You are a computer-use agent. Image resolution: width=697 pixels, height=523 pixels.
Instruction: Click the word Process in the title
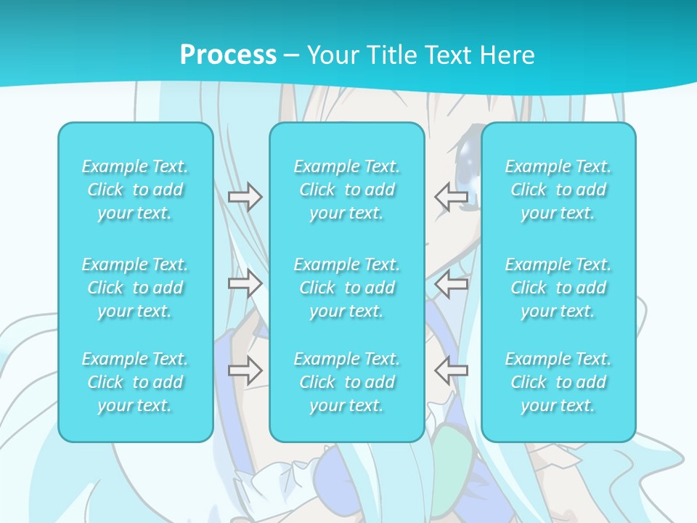point(228,55)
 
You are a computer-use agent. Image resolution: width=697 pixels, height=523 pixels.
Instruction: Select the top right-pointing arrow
point(245,197)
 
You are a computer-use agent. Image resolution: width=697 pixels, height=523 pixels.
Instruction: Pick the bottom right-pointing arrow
point(245,370)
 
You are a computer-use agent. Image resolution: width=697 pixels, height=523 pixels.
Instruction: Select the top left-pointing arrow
point(452,197)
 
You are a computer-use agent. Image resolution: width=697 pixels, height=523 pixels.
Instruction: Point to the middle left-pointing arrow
point(452,284)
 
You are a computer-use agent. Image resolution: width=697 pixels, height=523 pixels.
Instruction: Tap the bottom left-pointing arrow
point(452,370)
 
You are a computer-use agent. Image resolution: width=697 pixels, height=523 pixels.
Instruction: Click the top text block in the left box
point(135,190)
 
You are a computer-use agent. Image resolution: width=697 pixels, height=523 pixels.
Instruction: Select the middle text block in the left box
point(135,288)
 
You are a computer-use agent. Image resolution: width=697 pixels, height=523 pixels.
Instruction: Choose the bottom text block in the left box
point(135,382)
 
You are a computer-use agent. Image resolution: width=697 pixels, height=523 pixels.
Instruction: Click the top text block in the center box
point(347,190)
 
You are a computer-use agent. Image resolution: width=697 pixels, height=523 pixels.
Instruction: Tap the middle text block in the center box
point(347,288)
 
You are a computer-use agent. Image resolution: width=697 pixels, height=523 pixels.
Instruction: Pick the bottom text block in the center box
point(347,382)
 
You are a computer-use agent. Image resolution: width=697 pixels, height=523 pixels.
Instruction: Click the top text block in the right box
point(558,190)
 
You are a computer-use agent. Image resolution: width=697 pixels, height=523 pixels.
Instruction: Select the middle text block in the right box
point(558,288)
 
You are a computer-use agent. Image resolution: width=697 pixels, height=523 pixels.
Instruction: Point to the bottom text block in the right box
point(558,382)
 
